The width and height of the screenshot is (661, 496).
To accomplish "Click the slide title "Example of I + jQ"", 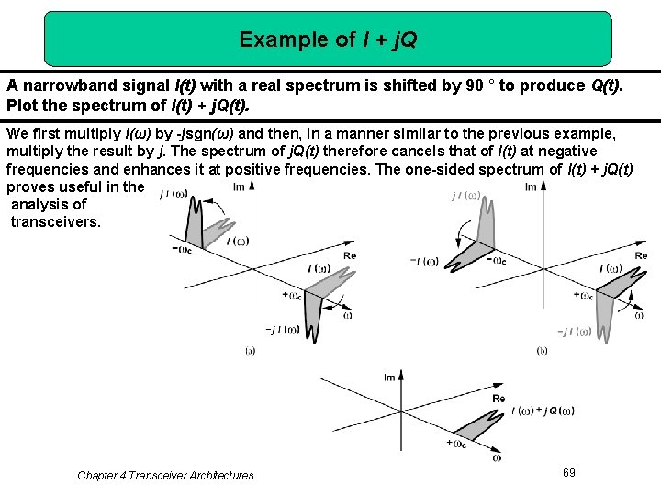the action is pos(328,39).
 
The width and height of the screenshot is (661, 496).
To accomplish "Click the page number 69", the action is pos(569,472).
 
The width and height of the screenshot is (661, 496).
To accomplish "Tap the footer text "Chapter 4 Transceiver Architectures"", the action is pos(165,475).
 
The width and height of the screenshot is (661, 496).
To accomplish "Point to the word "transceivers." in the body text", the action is pos(55,222).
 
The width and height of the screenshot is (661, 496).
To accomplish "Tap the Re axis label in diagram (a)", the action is pos(349,255).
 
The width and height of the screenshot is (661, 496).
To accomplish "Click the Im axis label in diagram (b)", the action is pos(531,186).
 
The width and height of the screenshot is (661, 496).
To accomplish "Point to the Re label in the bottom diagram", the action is pos(499,399).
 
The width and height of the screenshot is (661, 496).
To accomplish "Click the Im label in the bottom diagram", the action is pos(389,378).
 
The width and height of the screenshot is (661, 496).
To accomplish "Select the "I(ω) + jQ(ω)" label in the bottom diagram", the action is pos(543,411).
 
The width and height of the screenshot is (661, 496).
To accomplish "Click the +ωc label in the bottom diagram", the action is pos(456,443).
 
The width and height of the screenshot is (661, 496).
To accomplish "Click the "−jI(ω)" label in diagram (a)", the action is pos(282,329).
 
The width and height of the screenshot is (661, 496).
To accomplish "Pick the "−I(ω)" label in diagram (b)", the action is pos(424,261).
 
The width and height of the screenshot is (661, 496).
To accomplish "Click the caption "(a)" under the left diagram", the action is pos(250,350).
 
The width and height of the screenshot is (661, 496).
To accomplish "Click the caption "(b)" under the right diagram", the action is pos(542,350).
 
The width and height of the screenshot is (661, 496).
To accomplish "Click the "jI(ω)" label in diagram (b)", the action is pos(465,196).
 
